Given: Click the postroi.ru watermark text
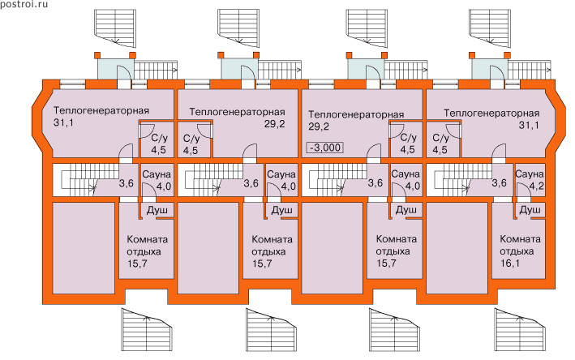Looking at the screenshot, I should click(25, 6).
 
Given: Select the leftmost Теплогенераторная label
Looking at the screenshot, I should click(101, 110).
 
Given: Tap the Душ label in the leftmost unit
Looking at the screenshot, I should click(157, 210).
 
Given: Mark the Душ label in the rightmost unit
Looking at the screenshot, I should click(530, 210).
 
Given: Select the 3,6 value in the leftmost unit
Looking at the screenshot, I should click(127, 183).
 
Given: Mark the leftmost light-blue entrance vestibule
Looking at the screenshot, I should click(110, 68).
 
